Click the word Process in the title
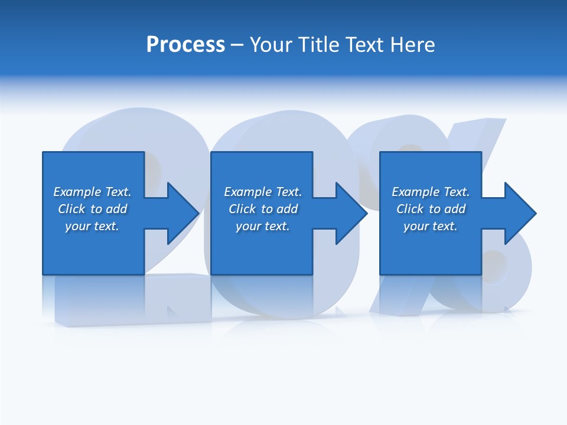185,45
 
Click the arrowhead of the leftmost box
183,213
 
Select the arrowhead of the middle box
352,213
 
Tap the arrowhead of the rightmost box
520,213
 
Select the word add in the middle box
287,209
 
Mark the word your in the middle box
248,226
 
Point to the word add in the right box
455,209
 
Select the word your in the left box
77,226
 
